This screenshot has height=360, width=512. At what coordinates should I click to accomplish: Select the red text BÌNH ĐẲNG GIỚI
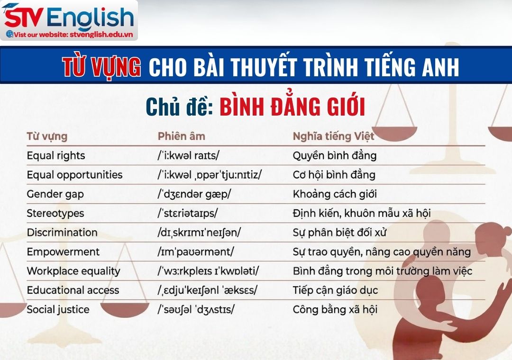point(292,108)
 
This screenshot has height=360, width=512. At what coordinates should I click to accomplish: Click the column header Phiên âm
point(181,136)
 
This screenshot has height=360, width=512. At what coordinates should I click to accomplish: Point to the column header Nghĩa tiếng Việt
point(333,136)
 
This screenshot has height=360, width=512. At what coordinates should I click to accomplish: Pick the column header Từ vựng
point(47,136)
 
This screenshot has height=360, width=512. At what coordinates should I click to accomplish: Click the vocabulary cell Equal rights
point(56,155)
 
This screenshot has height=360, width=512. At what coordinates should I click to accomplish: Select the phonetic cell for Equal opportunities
point(210,175)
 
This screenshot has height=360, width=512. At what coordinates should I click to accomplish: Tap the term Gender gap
point(55,194)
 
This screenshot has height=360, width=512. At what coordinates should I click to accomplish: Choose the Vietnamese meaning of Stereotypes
point(361,213)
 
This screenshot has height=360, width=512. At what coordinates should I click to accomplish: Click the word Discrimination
point(62,233)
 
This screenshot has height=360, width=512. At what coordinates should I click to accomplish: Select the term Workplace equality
point(73,271)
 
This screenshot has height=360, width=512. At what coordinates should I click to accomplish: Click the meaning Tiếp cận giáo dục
point(335,290)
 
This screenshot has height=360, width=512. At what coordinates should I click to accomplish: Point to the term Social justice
point(58,310)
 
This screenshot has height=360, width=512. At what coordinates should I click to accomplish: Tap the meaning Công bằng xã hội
point(335,310)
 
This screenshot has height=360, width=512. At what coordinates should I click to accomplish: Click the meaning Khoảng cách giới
point(335,194)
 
